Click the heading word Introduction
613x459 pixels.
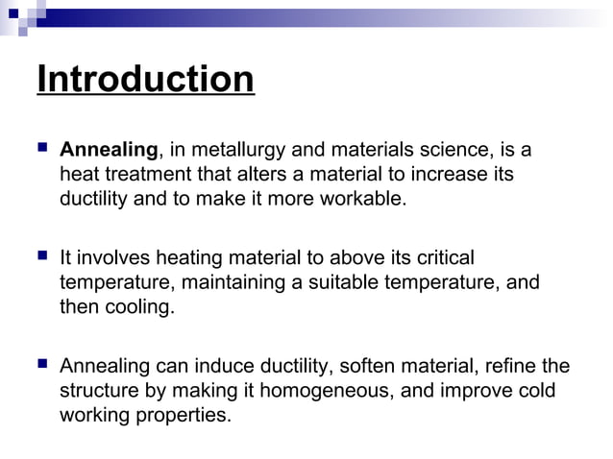[145, 79]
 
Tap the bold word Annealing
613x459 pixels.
[109, 150]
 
